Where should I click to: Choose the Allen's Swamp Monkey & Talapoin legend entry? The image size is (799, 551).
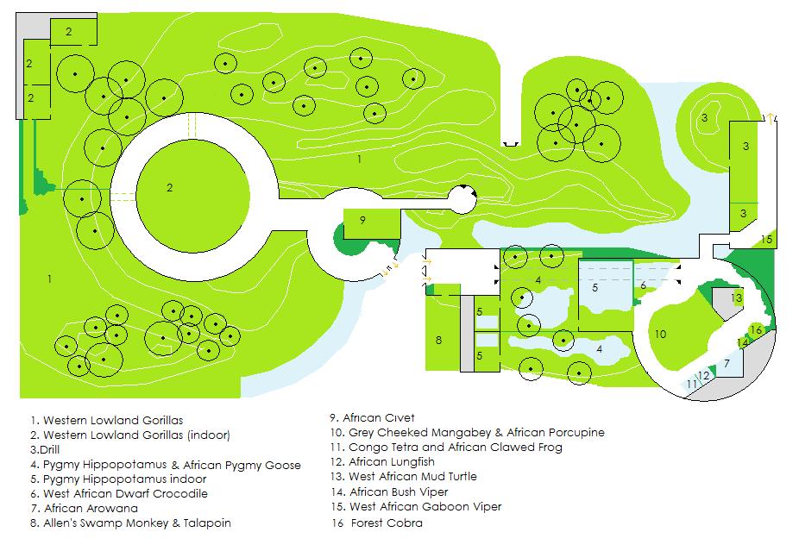pyautogui.click(x=130, y=523)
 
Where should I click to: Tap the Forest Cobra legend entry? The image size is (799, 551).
pyautogui.click(x=377, y=523)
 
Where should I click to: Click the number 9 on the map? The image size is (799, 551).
pyautogui.click(x=362, y=220)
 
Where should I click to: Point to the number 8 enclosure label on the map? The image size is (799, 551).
pyautogui.click(x=438, y=341)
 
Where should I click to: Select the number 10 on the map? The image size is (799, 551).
pyautogui.click(x=660, y=334)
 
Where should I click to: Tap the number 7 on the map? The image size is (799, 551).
pyautogui.click(x=727, y=364)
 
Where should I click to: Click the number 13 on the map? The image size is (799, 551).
pyautogui.click(x=736, y=297)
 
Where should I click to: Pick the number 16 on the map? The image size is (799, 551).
pyautogui.click(x=756, y=330)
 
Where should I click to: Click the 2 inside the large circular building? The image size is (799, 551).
pyautogui.click(x=170, y=187)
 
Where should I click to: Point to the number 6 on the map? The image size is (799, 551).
pyautogui.click(x=643, y=285)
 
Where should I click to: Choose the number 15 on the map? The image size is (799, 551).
pyautogui.click(x=766, y=239)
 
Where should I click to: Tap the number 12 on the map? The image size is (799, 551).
pyautogui.click(x=704, y=375)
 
